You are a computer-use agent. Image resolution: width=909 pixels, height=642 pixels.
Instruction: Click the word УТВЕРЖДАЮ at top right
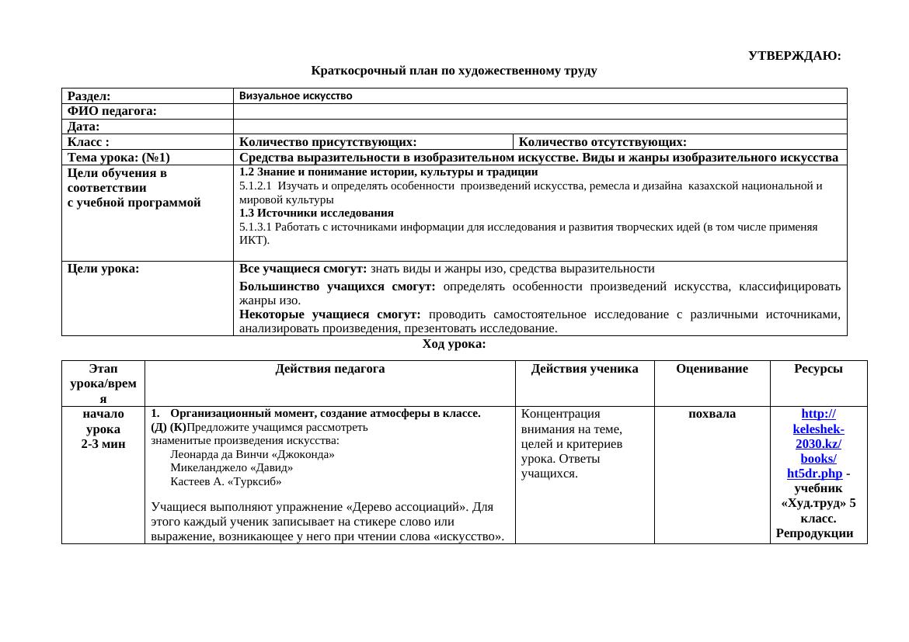(794, 56)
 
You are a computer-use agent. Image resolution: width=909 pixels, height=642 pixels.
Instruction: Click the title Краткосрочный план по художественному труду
(454, 71)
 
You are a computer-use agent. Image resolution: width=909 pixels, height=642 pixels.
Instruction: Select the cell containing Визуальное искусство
(296, 96)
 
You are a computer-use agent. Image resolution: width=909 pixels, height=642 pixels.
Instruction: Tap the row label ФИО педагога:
(112, 112)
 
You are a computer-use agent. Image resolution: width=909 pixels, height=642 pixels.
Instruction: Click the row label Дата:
(84, 127)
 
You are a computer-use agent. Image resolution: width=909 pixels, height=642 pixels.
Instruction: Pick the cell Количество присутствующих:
(328, 142)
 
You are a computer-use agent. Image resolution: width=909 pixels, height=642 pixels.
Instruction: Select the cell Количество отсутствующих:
(602, 142)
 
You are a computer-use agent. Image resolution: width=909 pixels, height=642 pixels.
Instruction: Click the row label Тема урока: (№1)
(118, 158)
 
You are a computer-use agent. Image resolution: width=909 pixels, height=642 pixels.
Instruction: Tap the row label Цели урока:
(103, 269)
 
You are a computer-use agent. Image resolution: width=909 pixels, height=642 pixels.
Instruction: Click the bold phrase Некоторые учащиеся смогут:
(329, 314)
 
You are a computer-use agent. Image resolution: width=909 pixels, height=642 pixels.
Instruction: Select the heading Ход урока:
(454, 344)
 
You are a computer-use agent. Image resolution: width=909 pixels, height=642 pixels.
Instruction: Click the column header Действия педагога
(330, 369)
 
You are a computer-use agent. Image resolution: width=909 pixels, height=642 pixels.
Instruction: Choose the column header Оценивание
(712, 369)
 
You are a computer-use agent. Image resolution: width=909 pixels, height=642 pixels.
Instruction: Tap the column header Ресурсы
(818, 369)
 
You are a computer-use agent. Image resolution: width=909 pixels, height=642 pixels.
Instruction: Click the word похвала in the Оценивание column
(712, 414)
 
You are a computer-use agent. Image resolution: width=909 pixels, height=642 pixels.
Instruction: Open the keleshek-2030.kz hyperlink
(818, 443)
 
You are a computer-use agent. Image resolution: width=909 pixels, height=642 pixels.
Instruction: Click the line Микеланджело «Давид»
(232, 468)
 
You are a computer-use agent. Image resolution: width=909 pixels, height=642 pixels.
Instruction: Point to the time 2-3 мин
(103, 443)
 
